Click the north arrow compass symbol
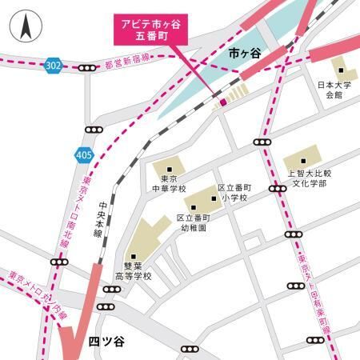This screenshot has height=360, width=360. coord(24,30)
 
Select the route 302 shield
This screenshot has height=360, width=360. coord(53,64)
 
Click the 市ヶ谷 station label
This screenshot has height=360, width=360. coord(244,54)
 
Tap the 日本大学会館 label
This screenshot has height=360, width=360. coord(328,89)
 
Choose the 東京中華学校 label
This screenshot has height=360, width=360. coord(169,184)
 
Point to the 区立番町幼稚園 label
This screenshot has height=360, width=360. coord(192,222)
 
